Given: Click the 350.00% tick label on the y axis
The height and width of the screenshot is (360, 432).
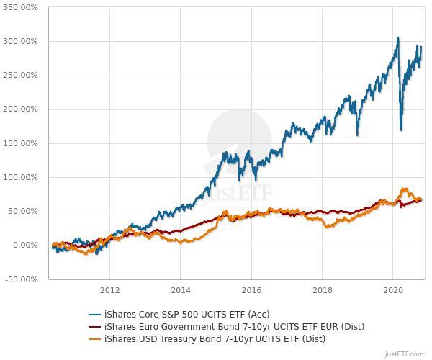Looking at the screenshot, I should [20, 7].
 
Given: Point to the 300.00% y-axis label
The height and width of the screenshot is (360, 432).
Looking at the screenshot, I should [20, 41].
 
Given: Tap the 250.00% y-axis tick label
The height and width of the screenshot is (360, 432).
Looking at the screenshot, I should [20, 76].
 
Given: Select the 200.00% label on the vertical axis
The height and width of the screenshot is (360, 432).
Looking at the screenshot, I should [20, 109].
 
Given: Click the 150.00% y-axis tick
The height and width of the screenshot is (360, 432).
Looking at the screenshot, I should [20, 143].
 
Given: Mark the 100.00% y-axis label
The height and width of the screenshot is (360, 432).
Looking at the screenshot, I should [20, 177].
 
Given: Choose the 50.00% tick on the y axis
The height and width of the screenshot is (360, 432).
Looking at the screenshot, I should [22, 212].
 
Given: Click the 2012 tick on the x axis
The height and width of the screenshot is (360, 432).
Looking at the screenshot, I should [109, 291].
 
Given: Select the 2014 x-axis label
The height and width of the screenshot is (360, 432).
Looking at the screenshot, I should [181, 291].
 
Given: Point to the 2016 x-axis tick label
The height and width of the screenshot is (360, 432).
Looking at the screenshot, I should [251, 291].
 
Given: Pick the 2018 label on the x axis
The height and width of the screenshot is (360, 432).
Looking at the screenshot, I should [323, 291].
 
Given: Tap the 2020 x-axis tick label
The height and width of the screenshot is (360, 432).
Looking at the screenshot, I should [393, 291].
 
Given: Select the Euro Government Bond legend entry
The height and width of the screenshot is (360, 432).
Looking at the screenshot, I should [234, 327].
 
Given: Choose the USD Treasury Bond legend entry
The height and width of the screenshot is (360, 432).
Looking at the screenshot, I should [215, 339].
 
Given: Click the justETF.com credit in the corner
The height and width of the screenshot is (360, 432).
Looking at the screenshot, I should [405, 354].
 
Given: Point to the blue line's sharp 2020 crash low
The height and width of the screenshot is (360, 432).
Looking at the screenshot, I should [401, 130].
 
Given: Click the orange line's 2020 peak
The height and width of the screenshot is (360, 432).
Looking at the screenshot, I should [404, 189].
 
